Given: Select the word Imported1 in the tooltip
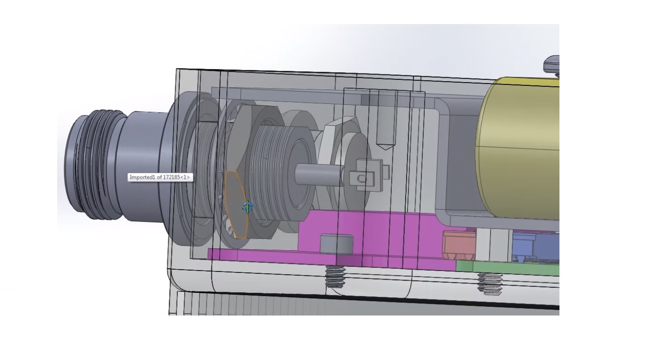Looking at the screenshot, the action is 142,177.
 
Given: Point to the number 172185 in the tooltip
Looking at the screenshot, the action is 172,177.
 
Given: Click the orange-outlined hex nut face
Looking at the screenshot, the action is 235,204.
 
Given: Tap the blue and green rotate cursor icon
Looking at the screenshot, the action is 248,207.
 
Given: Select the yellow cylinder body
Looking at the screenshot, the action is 517,148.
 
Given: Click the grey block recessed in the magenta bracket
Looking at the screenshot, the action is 337,244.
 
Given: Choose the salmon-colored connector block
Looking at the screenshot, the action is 460,245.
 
